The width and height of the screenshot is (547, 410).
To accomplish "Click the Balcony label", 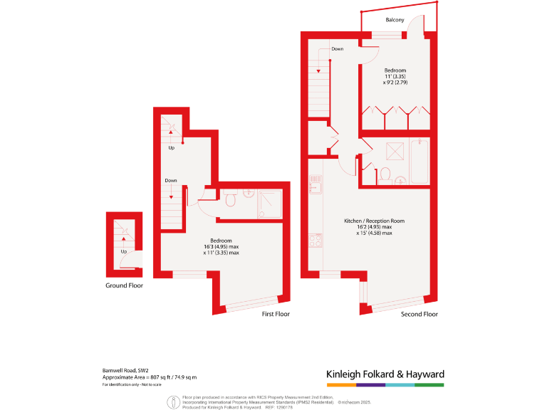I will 395,20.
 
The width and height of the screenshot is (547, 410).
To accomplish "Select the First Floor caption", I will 276,314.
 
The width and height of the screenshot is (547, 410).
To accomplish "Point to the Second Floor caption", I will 420,314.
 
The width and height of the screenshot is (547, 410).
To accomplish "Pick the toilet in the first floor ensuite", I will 230,200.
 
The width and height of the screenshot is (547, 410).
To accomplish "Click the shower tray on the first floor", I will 270,202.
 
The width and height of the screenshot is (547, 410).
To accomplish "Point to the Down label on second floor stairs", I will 338,49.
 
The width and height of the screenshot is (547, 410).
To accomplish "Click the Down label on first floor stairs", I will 171,181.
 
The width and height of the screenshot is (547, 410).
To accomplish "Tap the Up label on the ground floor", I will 124,251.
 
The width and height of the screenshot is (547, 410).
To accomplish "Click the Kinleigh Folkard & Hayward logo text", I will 385,374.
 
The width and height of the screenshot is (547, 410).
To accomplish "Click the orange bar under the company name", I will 341,385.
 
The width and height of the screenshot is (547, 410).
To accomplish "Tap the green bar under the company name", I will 429,385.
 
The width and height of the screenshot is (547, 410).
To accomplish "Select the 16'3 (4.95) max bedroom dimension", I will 222,246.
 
